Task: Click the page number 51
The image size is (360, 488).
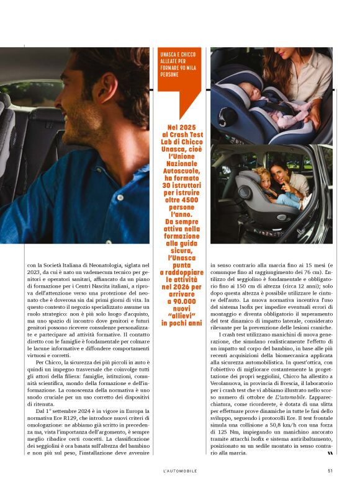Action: point(330,471)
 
